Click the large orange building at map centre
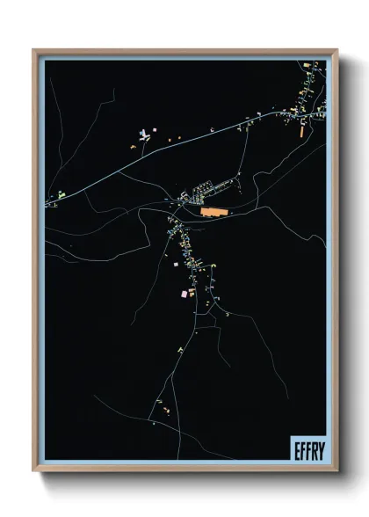coord(213,212)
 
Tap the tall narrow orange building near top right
coord(301,131)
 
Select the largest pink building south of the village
coord(185,293)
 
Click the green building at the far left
coord(61,194)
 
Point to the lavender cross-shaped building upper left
coord(143,135)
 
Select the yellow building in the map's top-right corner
coord(307,66)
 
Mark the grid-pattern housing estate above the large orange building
coord(207,187)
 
